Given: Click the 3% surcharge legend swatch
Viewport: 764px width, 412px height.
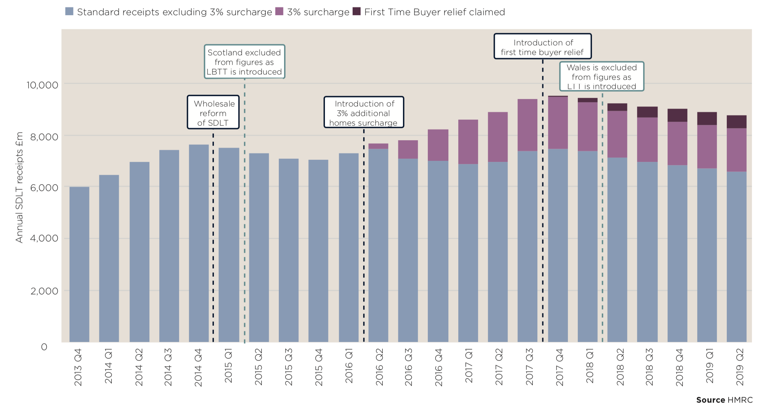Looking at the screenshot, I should pyautogui.click(x=279, y=11).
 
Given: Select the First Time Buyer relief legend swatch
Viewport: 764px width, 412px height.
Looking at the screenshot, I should pyautogui.click(x=356, y=11).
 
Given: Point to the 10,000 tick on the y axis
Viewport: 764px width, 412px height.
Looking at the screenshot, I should pyautogui.click(x=42, y=85).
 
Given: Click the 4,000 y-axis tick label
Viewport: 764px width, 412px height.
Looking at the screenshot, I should pyautogui.click(x=44, y=238).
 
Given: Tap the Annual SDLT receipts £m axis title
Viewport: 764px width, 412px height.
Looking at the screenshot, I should pyautogui.click(x=19, y=187).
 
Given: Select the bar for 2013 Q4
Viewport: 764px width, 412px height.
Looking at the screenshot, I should pyautogui.click(x=79, y=265).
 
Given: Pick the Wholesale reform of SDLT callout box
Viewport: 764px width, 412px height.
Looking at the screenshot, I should pyautogui.click(x=213, y=112).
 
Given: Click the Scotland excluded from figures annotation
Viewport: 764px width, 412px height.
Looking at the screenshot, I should pyautogui.click(x=244, y=62).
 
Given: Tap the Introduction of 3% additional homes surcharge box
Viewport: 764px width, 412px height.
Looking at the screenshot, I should pyautogui.click(x=364, y=112).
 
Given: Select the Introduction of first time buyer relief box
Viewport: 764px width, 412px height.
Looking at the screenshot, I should pyautogui.click(x=542, y=47).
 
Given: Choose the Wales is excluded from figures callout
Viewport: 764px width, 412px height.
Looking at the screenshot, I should pyautogui.click(x=602, y=76).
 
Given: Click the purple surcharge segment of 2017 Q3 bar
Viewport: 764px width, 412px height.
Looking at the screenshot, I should pyautogui.click(x=527, y=125).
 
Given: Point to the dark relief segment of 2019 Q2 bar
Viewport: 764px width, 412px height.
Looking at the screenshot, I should pyautogui.click(x=736, y=122).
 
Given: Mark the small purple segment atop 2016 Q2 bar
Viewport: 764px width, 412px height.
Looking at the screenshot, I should pyautogui.click(x=378, y=146).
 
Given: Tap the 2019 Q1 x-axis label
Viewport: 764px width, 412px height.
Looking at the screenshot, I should pyautogui.click(x=709, y=366).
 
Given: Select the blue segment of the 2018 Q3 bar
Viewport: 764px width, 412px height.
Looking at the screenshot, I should pyautogui.click(x=647, y=252).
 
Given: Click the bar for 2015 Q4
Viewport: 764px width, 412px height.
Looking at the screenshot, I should pyautogui.click(x=318, y=251).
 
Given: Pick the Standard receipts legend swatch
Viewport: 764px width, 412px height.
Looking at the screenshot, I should pyautogui.click(x=70, y=11).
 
